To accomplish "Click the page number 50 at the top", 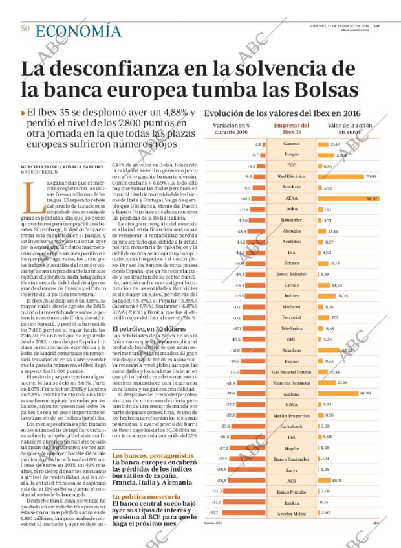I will (x=25, y=29).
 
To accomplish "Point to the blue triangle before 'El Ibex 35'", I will (x=24, y=112).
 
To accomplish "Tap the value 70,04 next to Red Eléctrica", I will (x=371, y=176).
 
